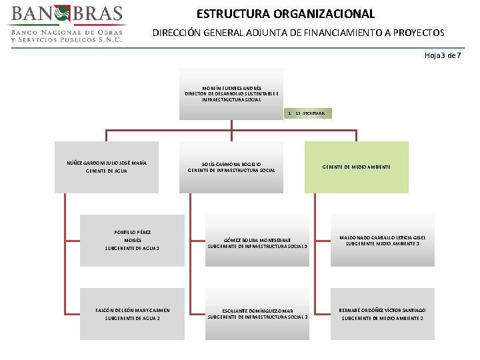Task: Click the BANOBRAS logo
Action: tap(66, 23)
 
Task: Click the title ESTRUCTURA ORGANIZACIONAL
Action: tap(285, 13)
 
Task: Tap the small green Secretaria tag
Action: tap(309, 113)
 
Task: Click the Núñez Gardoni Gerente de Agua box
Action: tap(107, 167)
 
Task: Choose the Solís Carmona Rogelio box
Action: tap(231, 167)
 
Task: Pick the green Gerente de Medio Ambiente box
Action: tap(357, 167)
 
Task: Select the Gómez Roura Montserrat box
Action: tap(257, 241)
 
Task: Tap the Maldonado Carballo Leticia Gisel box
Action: tap(383, 240)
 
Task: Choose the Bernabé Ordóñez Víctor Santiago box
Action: tap(383, 314)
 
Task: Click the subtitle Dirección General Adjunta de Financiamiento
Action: tap(298, 32)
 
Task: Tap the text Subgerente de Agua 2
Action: tap(132, 319)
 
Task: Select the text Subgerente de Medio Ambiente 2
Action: tap(383, 319)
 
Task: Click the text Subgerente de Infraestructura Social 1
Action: tap(257, 246)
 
